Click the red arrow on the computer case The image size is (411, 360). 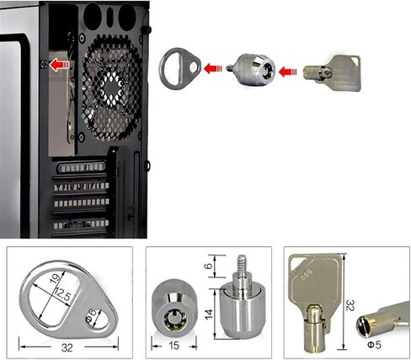point(59,65)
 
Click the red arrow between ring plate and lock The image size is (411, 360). point(213,68)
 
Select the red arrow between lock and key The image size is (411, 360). point(288,72)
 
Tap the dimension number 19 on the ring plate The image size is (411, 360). point(56,277)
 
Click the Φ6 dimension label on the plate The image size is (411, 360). point(92,315)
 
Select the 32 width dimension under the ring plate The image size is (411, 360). point(67,347)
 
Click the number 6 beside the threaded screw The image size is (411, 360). point(209,266)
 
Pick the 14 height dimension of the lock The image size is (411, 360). point(209,314)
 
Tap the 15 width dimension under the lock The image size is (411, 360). point(174,346)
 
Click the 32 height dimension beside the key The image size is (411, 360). point(350,305)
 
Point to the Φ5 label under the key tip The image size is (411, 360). point(374,345)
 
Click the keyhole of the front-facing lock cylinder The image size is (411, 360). point(174,318)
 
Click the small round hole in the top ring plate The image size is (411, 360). point(193,67)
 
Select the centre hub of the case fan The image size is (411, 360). point(112,88)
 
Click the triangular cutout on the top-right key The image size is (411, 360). point(356,60)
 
